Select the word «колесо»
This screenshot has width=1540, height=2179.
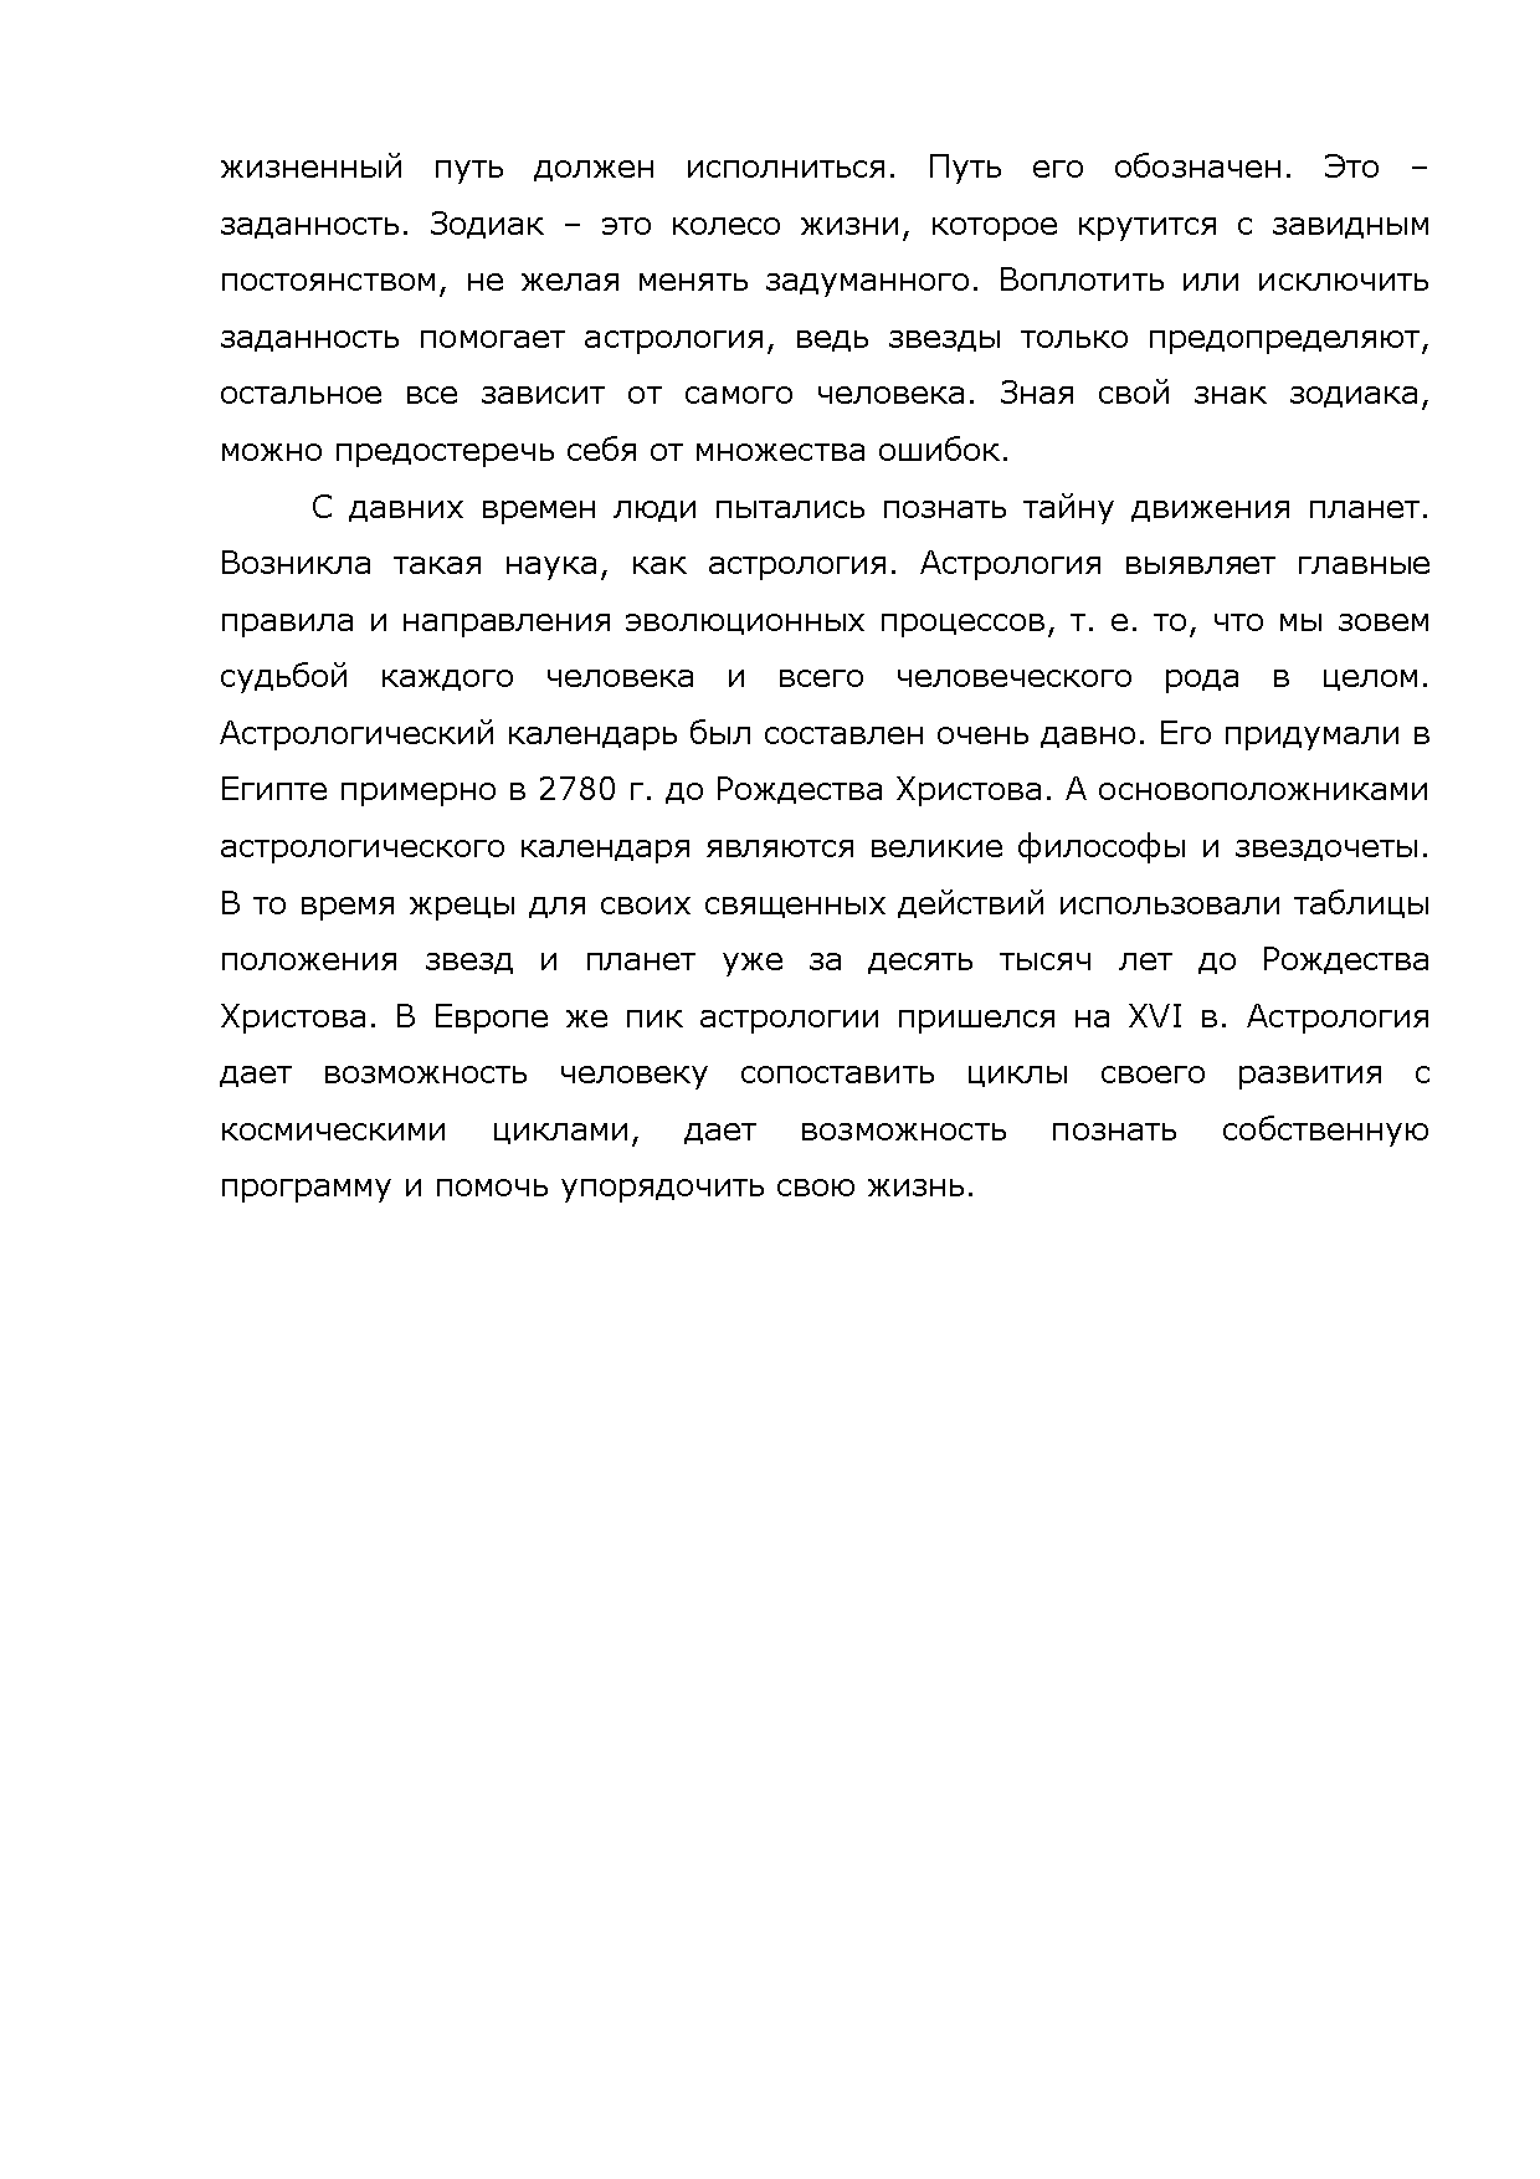pos(725,225)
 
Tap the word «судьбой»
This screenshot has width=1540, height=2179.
pos(284,678)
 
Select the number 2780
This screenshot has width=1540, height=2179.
pos(577,791)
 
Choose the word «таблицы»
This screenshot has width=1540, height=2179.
pos(1366,904)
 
